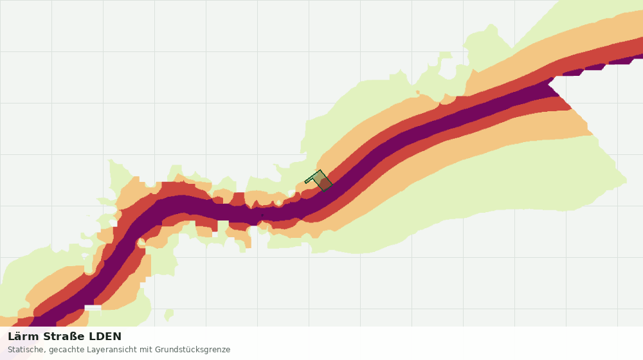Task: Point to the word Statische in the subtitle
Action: (x=26, y=350)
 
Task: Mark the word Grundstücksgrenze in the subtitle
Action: (x=192, y=350)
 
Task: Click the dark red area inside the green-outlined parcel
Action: (x=325, y=184)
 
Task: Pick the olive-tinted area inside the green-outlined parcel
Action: (x=318, y=177)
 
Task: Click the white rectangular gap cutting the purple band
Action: (x=93, y=307)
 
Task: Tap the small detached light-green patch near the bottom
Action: (x=168, y=315)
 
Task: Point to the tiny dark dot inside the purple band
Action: (x=262, y=215)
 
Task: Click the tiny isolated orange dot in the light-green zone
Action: (x=418, y=93)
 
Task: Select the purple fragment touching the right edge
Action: (x=626, y=60)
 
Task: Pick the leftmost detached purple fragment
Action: (x=573, y=73)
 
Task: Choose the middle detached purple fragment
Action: (x=595, y=67)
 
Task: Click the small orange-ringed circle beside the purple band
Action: (x=141, y=243)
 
